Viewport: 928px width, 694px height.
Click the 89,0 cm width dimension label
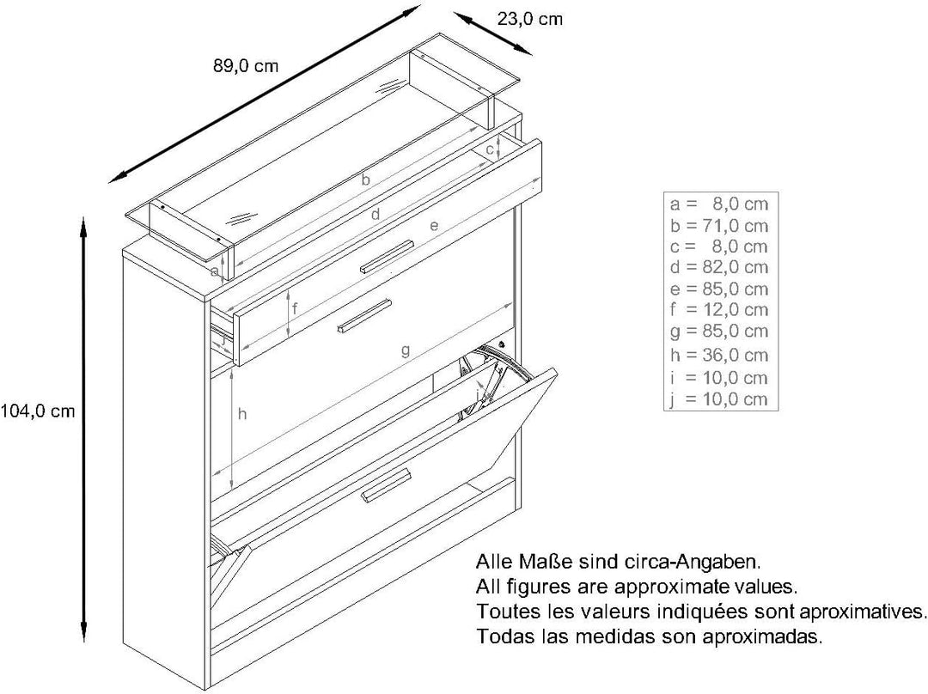[246, 65]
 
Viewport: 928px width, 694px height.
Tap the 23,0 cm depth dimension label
[529, 19]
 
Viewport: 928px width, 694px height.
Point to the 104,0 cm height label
[38, 411]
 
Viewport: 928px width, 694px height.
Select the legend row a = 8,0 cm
[719, 204]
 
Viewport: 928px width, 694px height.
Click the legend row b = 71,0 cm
[719, 225]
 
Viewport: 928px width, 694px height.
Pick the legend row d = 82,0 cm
[719, 267]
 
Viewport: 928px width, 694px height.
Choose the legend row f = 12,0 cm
[719, 309]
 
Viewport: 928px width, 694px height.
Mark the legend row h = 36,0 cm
[719, 355]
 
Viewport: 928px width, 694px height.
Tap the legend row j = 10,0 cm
[719, 399]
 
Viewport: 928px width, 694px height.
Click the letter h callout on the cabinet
[242, 414]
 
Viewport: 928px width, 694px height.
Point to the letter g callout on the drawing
[406, 350]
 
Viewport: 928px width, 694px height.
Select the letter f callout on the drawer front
[295, 308]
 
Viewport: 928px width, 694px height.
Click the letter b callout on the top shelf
[366, 179]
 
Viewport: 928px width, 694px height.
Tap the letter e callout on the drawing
[434, 225]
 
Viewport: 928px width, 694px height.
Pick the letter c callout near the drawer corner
[490, 150]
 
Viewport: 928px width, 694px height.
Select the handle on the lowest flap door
[386, 486]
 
